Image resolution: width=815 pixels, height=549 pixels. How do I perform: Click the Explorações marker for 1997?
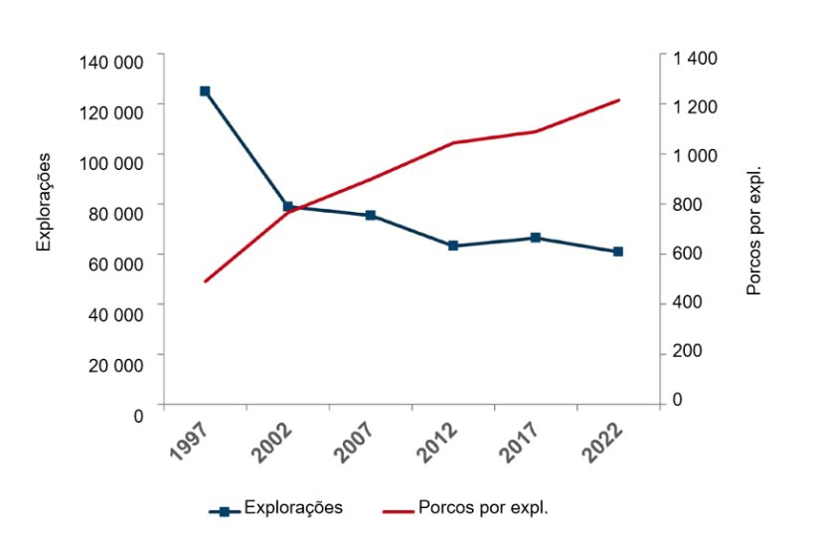tap(205, 91)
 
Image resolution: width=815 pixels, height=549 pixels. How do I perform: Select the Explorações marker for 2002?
tap(288, 207)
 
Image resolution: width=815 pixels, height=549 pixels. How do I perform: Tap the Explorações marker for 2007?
tap(371, 216)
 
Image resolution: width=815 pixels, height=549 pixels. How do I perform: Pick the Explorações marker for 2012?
tap(453, 246)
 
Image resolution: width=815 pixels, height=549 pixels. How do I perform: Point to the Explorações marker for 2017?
tap(536, 238)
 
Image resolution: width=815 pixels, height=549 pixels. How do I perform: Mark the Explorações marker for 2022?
tap(618, 252)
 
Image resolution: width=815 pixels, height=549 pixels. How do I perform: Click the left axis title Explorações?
tap(44, 203)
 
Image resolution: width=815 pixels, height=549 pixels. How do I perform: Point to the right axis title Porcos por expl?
tap(753, 230)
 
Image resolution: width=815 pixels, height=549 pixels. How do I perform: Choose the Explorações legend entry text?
tap(293, 507)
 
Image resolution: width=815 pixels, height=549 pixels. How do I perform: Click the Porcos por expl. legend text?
tap(484, 507)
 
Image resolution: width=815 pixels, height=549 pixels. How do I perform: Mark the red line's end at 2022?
tap(618, 100)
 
